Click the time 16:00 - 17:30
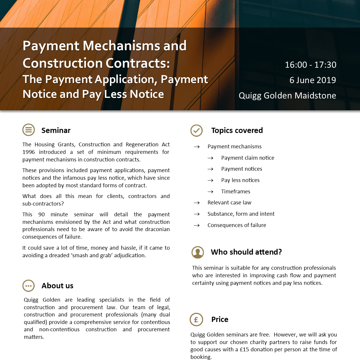click(310, 65)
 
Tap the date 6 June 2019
click(313, 80)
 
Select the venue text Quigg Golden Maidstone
click(287, 96)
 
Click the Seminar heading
click(56, 130)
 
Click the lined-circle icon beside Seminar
click(28, 130)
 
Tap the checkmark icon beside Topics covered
click(197, 130)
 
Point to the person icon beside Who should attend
click(198, 252)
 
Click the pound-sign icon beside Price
click(196, 319)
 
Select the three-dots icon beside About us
click(28, 286)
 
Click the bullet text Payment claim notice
click(248, 158)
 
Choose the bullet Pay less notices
click(240, 180)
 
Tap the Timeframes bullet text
click(236, 192)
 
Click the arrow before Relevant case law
click(197, 203)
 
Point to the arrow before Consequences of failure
click(197, 226)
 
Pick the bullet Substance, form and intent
click(241, 214)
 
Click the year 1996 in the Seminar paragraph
click(28, 152)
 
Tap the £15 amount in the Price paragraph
click(244, 350)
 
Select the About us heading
click(57, 286)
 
